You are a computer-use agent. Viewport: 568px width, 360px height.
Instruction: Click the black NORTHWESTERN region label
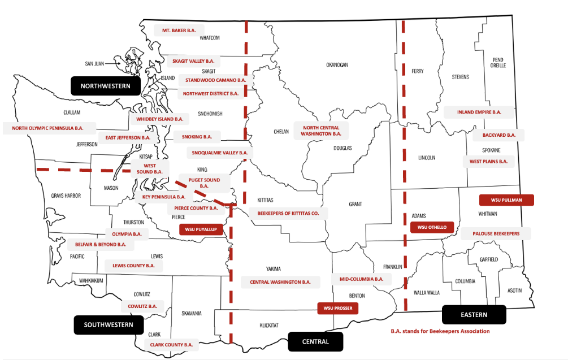coord(105,86)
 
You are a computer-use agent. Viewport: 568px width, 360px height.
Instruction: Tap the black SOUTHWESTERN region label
coord(109,324)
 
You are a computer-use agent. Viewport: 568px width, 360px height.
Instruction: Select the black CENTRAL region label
coord(315,341)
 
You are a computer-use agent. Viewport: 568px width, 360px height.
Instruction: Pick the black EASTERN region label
coord(474,314)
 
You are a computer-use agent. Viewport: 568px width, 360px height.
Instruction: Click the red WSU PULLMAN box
coord(507,200)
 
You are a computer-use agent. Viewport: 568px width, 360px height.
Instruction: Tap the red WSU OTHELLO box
coord(432,227)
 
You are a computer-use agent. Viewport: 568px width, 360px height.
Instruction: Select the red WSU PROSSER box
coord(337,308)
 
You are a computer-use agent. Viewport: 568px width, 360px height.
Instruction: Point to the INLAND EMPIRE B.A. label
coord(479,112)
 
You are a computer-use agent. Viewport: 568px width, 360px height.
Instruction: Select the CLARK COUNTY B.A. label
coord(171,344)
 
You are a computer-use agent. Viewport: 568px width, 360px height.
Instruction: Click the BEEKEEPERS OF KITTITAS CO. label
coord(288,214)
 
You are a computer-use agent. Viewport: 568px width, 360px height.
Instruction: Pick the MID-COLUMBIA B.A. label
coord(361,279)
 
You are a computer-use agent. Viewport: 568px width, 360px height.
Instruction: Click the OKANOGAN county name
coord(337,65)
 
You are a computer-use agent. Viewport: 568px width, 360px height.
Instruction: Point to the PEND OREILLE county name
coord(498,62)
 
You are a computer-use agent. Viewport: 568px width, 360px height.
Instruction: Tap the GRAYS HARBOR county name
coord(66,196)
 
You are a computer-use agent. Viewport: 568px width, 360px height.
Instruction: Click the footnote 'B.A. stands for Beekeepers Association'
coord(440,331)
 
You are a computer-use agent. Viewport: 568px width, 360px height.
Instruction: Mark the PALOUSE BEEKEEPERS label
coord(496,233)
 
